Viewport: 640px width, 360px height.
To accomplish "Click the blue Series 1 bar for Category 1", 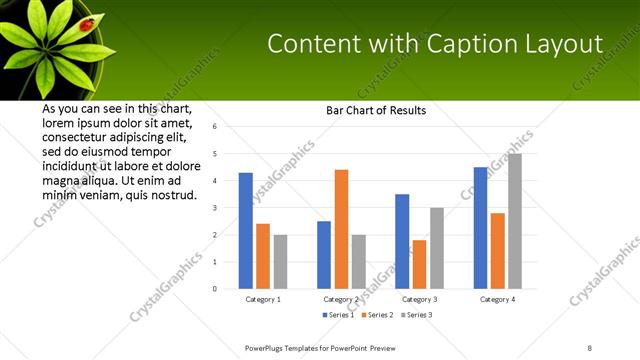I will coord(245,231).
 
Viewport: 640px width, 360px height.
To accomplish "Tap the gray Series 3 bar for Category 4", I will coord(515,221).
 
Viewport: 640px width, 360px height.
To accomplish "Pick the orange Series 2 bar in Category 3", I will coord(419,264).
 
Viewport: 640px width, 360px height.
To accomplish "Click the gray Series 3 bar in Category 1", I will coord(280,262).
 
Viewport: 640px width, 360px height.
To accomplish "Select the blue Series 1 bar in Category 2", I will coord(324,255).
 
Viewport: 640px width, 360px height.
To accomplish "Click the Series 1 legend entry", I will coord(339,315).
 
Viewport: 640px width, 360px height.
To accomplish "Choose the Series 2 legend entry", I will coord(374,315).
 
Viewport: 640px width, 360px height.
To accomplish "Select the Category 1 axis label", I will coord(263,299).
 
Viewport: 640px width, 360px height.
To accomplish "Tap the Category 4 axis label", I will coord(497,299).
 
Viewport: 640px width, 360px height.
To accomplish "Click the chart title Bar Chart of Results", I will coord(376,110).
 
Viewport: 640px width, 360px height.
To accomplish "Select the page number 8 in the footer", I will coord(589,347).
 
